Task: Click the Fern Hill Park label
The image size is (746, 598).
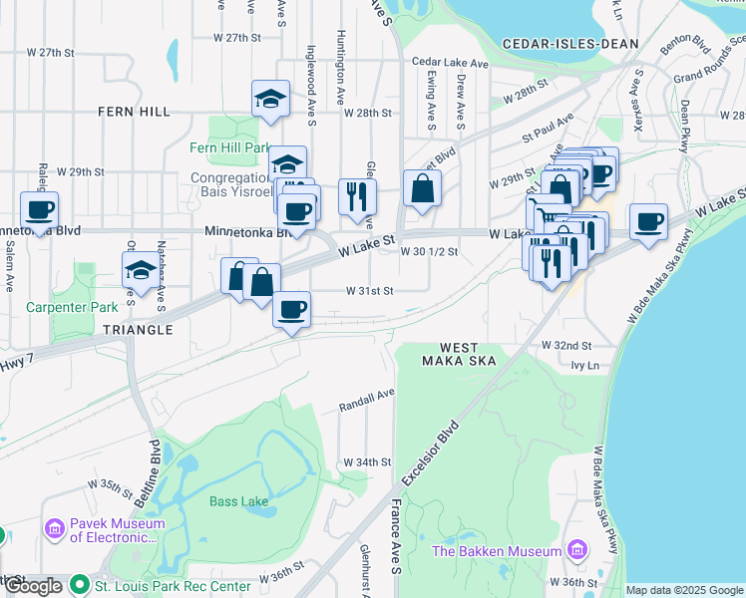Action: (230, 148)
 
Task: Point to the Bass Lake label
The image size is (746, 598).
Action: (238, 501)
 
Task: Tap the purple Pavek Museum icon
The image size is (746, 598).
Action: (55, 526)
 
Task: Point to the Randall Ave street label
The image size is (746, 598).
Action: (367, 400)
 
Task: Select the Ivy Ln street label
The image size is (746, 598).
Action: (584, 367)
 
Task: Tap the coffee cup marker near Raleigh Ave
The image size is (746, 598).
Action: (39, 210)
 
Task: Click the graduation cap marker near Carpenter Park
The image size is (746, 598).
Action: (140, 270)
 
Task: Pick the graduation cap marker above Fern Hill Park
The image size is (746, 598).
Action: (270, 99)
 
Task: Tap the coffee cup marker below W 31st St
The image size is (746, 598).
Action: (291, 310)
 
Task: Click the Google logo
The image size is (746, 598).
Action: (33, 586)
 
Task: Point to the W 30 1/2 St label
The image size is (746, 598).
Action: (429, 252)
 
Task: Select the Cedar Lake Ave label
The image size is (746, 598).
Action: (451, 63)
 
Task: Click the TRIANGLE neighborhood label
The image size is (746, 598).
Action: (137, 329)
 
